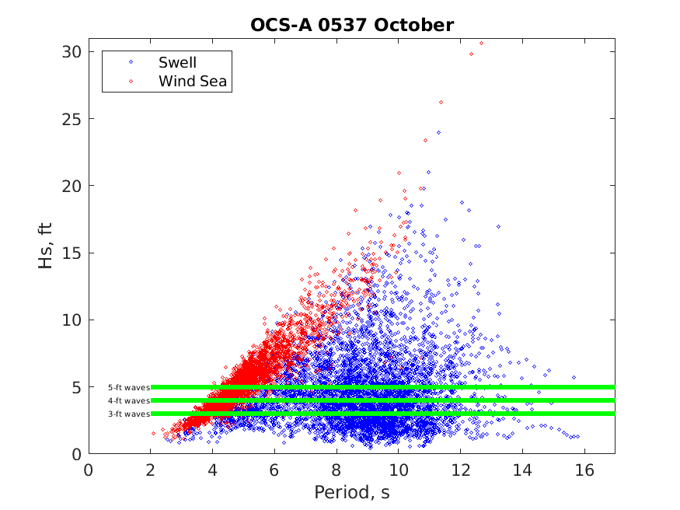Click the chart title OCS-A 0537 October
[x=351, y=25]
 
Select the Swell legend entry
[x=177, y=62]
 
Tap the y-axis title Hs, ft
[x=46, y=246]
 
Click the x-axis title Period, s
[x=351, y=493]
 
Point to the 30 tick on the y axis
[x=73, y=51]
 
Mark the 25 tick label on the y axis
[x=73, y=119]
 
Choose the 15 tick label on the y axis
[x=73, y=253]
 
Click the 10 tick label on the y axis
[x=73, y=320]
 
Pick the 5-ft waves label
[x=128, y=387]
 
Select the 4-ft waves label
[x=128, y=400]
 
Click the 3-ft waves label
[x=128, y=414]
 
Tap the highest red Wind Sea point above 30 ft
[x=481, y=43]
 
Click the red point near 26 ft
[x=441, y=102]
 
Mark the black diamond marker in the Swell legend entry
[x=131, y=62]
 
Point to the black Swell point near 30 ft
[x=471, y=54]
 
